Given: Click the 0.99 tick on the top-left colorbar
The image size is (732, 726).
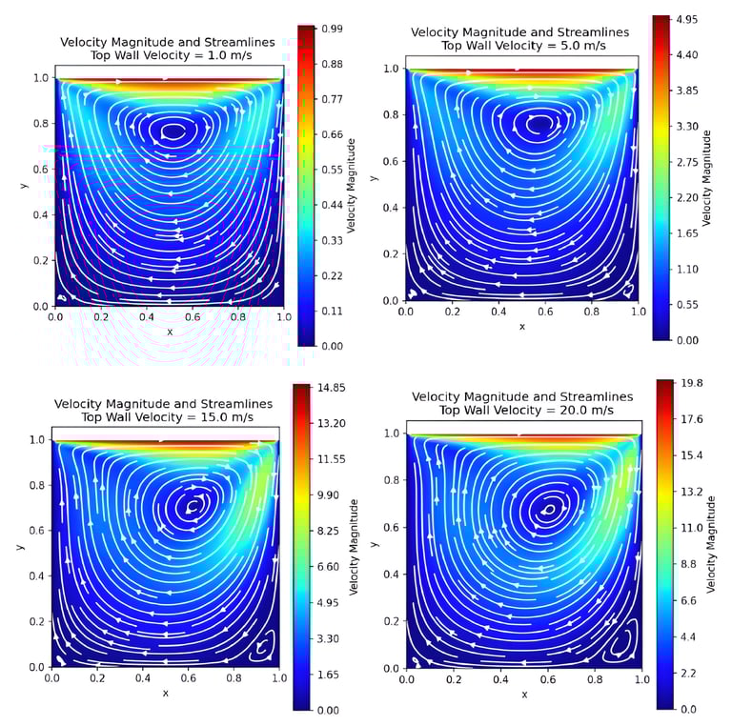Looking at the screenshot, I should (332, 29).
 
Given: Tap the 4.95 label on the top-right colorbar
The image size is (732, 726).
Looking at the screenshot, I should (687, 18).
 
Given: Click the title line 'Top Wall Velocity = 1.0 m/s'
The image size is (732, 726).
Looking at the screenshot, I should (168, 55).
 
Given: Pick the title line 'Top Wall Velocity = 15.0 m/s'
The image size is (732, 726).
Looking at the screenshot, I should (163, 416).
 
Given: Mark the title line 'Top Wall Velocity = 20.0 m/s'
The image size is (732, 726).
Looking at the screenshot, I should (521, 410).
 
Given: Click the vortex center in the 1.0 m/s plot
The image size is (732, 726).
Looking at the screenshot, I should (173, 131).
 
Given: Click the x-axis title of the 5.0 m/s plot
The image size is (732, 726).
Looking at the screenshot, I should (521, 327).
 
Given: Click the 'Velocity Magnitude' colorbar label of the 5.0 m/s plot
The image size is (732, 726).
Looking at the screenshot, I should (707, 179).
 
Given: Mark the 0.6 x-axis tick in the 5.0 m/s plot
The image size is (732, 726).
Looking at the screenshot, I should (545, 311).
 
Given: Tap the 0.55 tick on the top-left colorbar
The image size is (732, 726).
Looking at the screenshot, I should (332, 169).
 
